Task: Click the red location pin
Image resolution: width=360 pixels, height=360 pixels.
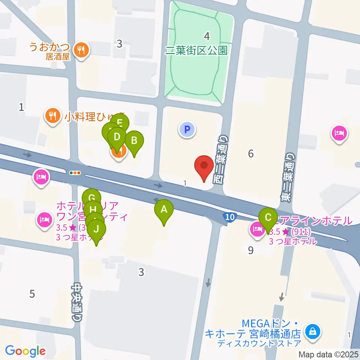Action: [x=204, y=166]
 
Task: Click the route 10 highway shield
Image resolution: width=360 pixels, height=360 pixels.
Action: [x=229, y=217]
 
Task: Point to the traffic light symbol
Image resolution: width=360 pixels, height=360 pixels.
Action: [x=75, y=173]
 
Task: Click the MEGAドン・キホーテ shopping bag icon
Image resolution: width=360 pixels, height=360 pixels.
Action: [x=311, y=331]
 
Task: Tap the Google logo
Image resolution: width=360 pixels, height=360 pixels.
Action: [x=25, y=351]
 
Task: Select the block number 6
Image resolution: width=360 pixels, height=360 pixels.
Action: [x=251, y=153]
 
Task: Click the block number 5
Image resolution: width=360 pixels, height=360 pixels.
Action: [x=32, y=294]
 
